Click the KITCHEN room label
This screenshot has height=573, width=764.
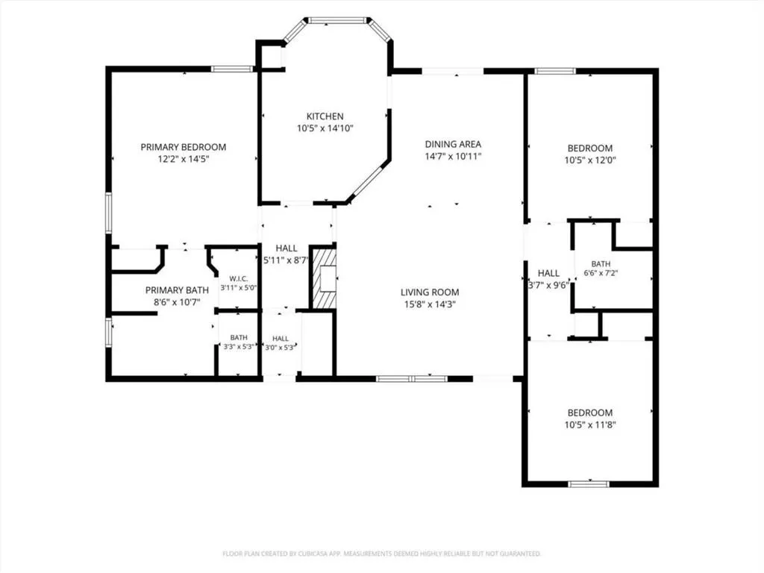click(325, 116)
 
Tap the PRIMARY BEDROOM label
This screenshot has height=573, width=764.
click(184, 147)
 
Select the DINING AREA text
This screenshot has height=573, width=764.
click(453, 144)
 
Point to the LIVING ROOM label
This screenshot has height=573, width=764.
click(430, 292)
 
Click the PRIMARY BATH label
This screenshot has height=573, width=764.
click(177, 290)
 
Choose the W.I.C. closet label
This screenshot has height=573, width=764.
click(238, 279)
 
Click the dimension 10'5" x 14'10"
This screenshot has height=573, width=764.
click(325, 128)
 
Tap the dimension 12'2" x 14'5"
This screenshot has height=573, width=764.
click(184, 159)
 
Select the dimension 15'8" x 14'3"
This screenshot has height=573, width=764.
click(430, 304)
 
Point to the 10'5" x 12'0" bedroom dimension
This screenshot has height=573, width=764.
click(590, 160)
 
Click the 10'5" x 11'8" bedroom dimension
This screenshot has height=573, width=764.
click(590, 425)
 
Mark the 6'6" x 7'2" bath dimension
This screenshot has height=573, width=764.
click(601, 273)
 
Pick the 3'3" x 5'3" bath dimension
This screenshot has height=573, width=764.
click(239, 347)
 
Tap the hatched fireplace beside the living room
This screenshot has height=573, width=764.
click(324, 279)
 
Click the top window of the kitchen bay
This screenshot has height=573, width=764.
click(337, 20)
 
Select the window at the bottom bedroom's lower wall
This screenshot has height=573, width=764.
click(589, 483)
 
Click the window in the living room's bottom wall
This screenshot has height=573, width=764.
click(412, 378)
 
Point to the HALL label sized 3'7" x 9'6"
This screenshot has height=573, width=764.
click(548, 273)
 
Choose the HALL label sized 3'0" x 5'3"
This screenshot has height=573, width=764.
click(281, 338)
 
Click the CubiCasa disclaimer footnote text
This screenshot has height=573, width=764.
click(381, 554)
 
